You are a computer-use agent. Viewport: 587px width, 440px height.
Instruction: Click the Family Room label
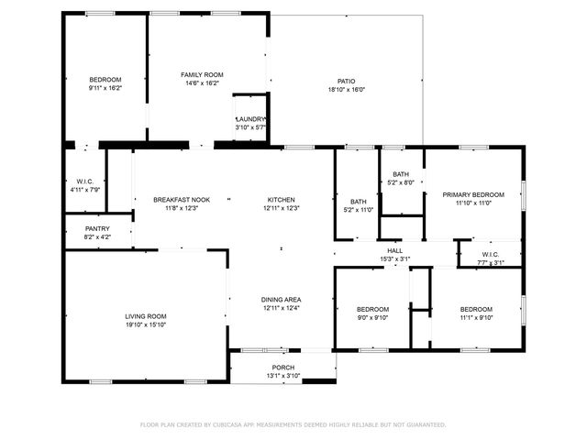(202, 74)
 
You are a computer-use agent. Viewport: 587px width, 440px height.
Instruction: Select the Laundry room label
(250, 119)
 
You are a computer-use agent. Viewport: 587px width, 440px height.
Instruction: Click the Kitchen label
(281, 199)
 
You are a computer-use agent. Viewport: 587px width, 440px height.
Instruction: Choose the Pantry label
(97, 228)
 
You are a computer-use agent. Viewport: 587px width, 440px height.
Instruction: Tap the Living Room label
(145, 316)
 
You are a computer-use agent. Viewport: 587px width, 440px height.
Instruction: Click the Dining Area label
(282, 300)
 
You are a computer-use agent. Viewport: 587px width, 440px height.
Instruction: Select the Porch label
(282, 367)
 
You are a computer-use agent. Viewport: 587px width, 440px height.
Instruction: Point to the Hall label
(394, 250)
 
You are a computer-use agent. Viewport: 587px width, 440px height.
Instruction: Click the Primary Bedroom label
(473, 194)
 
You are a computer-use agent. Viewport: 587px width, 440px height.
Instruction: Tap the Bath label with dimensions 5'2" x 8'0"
(401, 174)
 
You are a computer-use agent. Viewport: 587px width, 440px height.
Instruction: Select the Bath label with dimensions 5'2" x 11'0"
(358, 202)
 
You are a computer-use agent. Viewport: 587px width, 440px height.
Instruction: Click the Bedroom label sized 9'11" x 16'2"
(105, 80)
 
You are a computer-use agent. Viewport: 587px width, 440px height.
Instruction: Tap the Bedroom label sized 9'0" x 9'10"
(372, 309)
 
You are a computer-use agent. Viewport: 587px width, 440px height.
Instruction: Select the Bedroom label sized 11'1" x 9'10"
(476, 309)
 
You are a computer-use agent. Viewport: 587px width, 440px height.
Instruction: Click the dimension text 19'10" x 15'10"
(145, 324)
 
